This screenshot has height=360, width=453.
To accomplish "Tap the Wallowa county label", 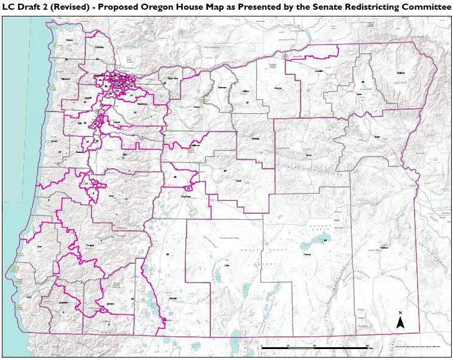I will pyautogui.click(x=401, y=72).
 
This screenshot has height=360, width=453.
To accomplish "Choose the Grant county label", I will pyautogui.click(x=309, y=155).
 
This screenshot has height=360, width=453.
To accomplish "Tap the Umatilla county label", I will pyautogui.click(x=318, y=71).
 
